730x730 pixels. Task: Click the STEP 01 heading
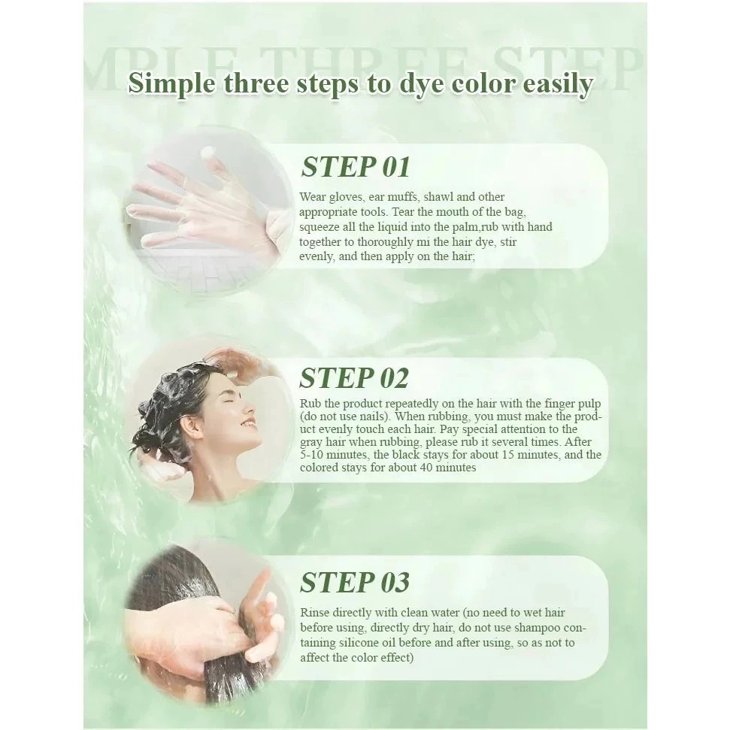[x=355, y=167]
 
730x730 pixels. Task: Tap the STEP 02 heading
[x=354, y=377]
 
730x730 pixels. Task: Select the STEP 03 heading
[x=355, y=582]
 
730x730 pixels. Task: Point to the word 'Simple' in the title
[x=172, y=84]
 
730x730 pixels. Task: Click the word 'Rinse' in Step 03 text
[x=314, y=613]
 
